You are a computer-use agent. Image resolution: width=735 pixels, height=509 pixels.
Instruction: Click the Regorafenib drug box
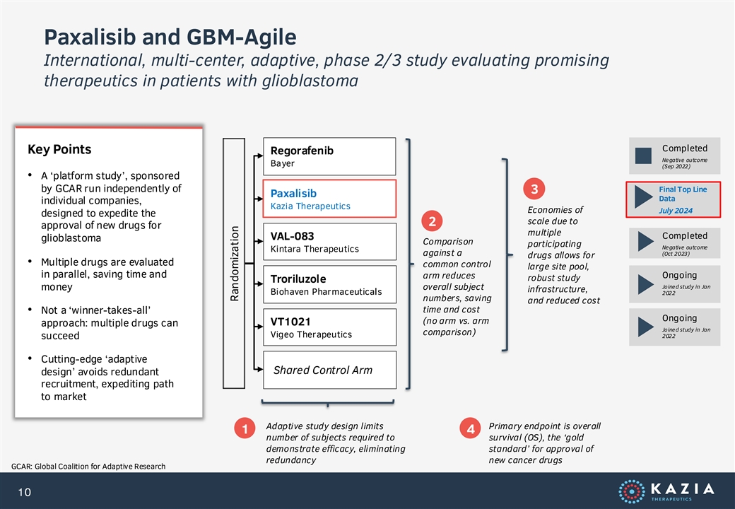click(329, 156)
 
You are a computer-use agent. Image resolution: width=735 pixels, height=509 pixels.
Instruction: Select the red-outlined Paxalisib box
click(329, 199)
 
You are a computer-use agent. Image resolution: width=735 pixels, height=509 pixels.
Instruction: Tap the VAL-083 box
click(329, 241)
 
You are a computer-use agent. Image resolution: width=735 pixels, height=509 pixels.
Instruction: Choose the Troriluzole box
click(329, 284)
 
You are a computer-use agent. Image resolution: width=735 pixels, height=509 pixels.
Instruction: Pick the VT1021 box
click(329, 327)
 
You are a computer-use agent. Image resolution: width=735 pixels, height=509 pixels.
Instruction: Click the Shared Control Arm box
click(329, 370)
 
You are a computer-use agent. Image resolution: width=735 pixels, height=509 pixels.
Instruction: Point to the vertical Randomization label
click(235, 264)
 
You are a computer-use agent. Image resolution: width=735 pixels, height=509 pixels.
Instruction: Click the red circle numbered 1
click(245, 428)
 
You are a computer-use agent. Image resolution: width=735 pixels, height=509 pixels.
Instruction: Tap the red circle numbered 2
click(433, 221)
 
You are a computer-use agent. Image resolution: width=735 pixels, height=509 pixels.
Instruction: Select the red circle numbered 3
click(534, 189)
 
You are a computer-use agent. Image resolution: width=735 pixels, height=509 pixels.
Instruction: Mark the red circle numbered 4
click(470, 428)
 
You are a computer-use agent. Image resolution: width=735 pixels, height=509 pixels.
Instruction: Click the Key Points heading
click(59, 149)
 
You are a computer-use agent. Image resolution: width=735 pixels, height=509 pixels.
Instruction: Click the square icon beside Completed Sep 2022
click(643, 156)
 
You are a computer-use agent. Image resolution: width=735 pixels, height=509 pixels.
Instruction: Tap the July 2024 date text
click(676, 211)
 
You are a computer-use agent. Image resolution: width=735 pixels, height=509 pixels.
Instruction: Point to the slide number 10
click(24, 492)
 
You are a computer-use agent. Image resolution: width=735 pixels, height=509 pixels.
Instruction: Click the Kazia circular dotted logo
click(631, 491)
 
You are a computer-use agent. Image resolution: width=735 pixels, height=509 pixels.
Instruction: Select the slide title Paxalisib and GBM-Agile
click(170, 37)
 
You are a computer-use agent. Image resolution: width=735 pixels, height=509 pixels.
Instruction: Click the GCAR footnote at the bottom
click(88, 467)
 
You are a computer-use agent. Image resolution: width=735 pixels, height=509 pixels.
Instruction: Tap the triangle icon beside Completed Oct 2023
click(645, 242)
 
